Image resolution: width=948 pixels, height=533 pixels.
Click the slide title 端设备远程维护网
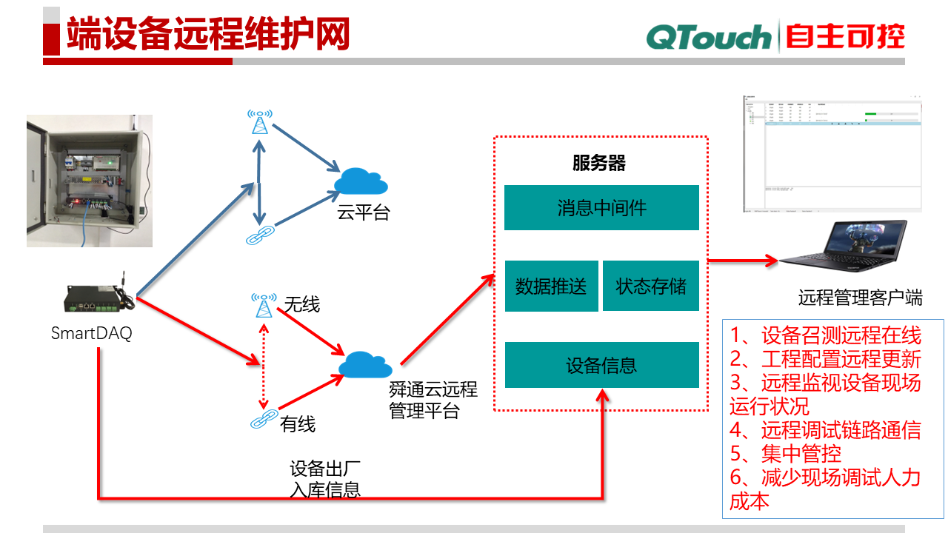207,35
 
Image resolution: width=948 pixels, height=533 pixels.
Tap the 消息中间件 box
601,207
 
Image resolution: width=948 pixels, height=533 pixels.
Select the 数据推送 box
551,286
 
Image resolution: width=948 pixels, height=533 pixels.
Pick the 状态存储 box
651,286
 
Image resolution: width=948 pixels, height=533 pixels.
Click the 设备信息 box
601,365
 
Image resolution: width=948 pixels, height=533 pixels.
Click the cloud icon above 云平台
361,181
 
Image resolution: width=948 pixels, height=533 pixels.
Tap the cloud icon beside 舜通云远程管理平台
365,363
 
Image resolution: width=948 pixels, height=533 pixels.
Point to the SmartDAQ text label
91,333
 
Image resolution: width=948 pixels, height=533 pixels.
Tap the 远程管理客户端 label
860,298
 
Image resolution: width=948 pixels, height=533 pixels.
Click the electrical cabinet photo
90,181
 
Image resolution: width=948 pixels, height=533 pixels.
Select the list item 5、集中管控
786,453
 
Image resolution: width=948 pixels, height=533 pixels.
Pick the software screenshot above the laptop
832,154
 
